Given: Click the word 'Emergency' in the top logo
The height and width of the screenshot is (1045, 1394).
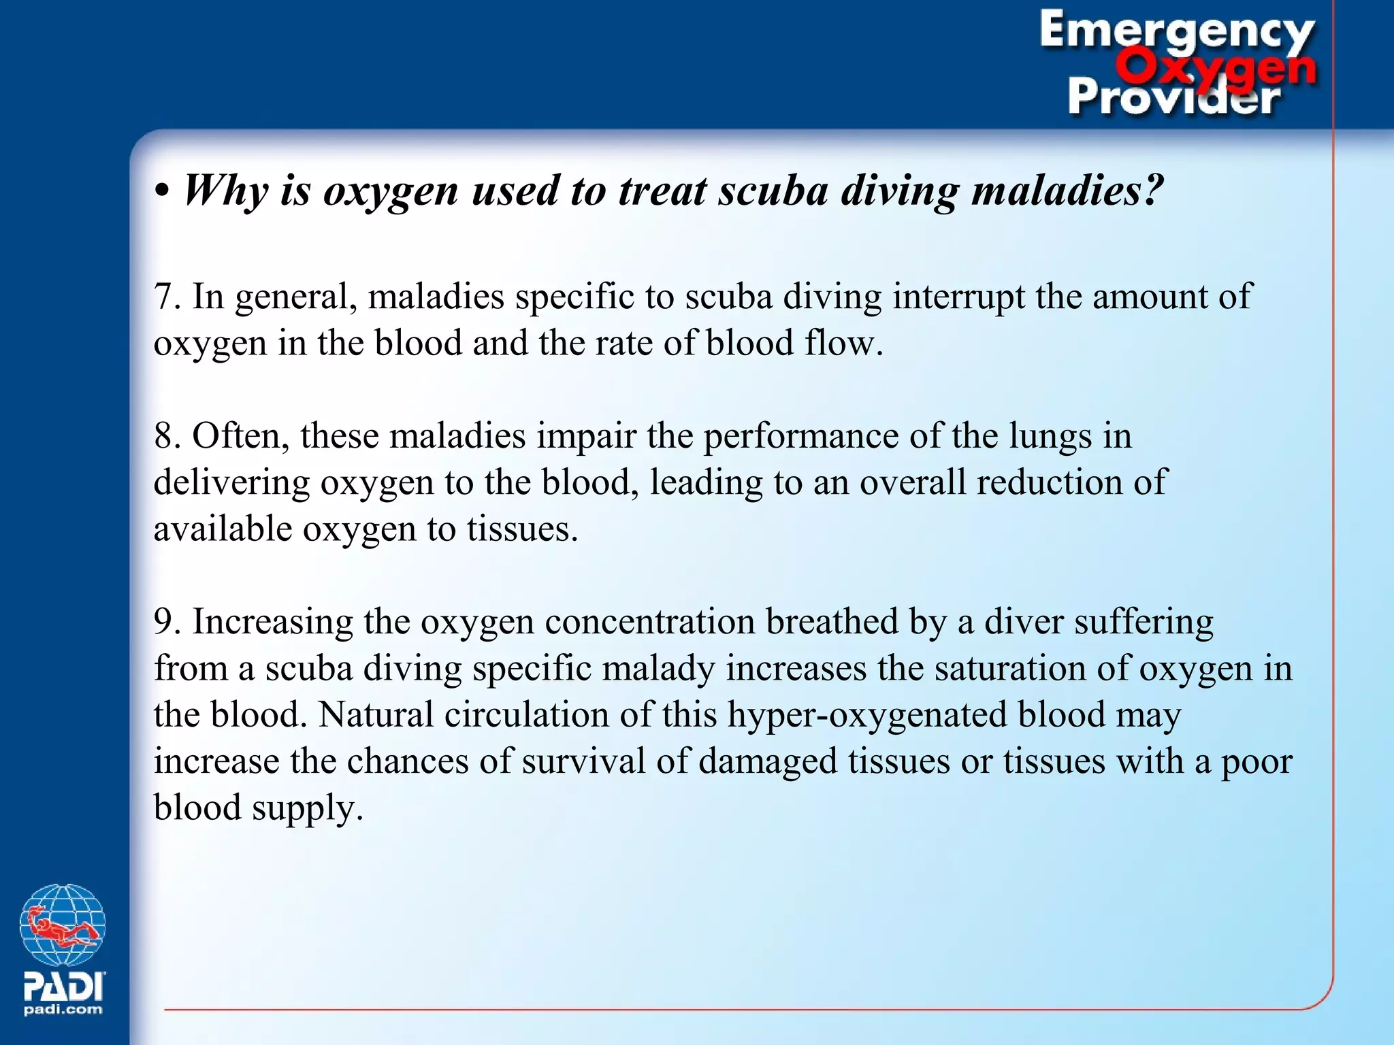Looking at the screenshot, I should (1176, 31).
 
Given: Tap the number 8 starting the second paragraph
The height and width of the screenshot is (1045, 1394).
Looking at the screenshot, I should (163, 436).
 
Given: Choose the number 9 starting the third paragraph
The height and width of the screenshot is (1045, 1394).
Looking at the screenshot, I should (163, 622).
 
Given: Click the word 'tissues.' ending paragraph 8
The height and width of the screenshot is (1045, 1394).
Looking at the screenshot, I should (522, 529).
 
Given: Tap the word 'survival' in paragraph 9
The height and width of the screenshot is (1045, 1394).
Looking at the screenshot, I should (583, 761).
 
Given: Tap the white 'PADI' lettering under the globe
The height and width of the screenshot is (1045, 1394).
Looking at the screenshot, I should (63, 986).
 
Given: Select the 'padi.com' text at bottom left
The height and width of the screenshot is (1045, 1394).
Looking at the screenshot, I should (63, 1010).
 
